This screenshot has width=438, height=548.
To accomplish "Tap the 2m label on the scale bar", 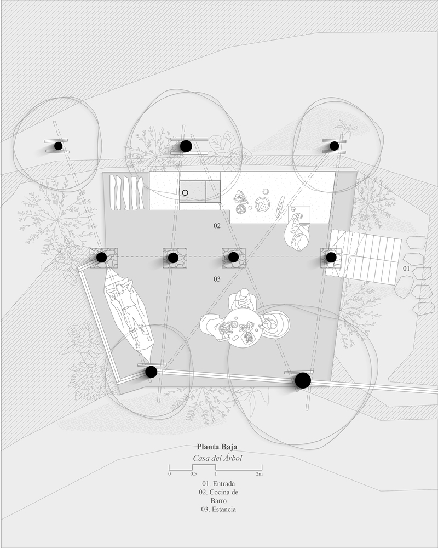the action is pyautogui.click(x=259, y=474).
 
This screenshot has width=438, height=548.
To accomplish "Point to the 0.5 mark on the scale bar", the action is pyautogui.click(x=193, y=474).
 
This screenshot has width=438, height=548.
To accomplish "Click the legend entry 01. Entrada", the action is pyautogui.click(x=218, y=484).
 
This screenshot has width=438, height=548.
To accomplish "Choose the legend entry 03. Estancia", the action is pyautogui.click(x=218, y=509).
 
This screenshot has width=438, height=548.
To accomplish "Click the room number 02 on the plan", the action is pyautogui.click(x=217, y=226).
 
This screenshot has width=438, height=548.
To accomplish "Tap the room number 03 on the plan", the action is pyautogui.click(x=217, y=279).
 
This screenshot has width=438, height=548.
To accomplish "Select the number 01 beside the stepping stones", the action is pyautogui.click(x=406, y=269).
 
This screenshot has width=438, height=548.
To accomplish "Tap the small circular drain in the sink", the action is pyautogui.click(x=185, y=192).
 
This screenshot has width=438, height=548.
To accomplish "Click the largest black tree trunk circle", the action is pyautogui.click(x=303, y=381).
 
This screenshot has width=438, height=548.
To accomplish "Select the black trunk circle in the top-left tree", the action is pyautogui.click(x=59, y=146).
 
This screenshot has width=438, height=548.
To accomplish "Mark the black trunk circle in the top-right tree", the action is pyautogui.click(x=335, y=146).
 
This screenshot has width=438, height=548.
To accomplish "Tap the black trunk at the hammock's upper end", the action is pyautogui.click(x=102, y=258).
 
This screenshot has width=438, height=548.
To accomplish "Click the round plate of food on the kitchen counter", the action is pyautogui.click(x=262, y=204).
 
